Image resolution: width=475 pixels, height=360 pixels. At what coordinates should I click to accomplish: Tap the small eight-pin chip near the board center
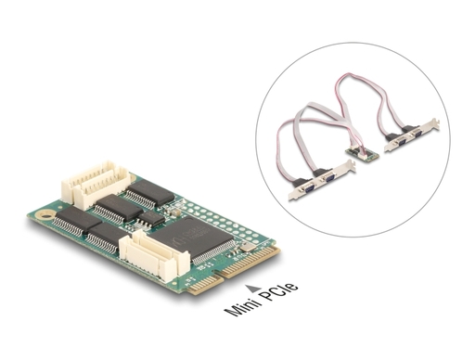(151, 218)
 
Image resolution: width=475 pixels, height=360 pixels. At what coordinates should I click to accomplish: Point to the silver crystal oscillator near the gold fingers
(248, 247)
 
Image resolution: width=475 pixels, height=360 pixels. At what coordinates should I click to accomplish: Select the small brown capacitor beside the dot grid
(175, 212)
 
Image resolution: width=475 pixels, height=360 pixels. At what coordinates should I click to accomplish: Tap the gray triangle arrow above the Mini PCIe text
(252, 289)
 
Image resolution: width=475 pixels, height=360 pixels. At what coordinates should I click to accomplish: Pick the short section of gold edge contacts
(205, 285)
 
